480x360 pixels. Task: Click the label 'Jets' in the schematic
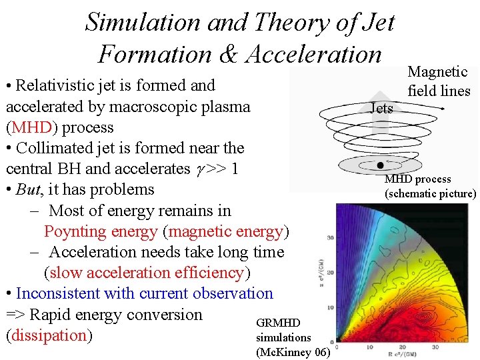[x=382, y=108]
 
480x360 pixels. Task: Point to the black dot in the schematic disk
[x=380, y=165]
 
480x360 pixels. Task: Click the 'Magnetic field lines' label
[x=439, y=81]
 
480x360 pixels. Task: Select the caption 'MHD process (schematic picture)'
[x=430, y=187]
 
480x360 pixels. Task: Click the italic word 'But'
[x=29, y=189]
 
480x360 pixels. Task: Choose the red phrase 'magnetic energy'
[x=227, y=231]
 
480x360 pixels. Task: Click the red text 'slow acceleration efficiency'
[x=147, y=273]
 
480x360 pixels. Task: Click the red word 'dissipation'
[x=47, y=335]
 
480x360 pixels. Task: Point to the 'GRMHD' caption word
[x=278, y=323]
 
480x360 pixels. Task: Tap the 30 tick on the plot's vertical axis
[x=331, y=237]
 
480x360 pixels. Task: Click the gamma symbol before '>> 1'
[x=199, y=169]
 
